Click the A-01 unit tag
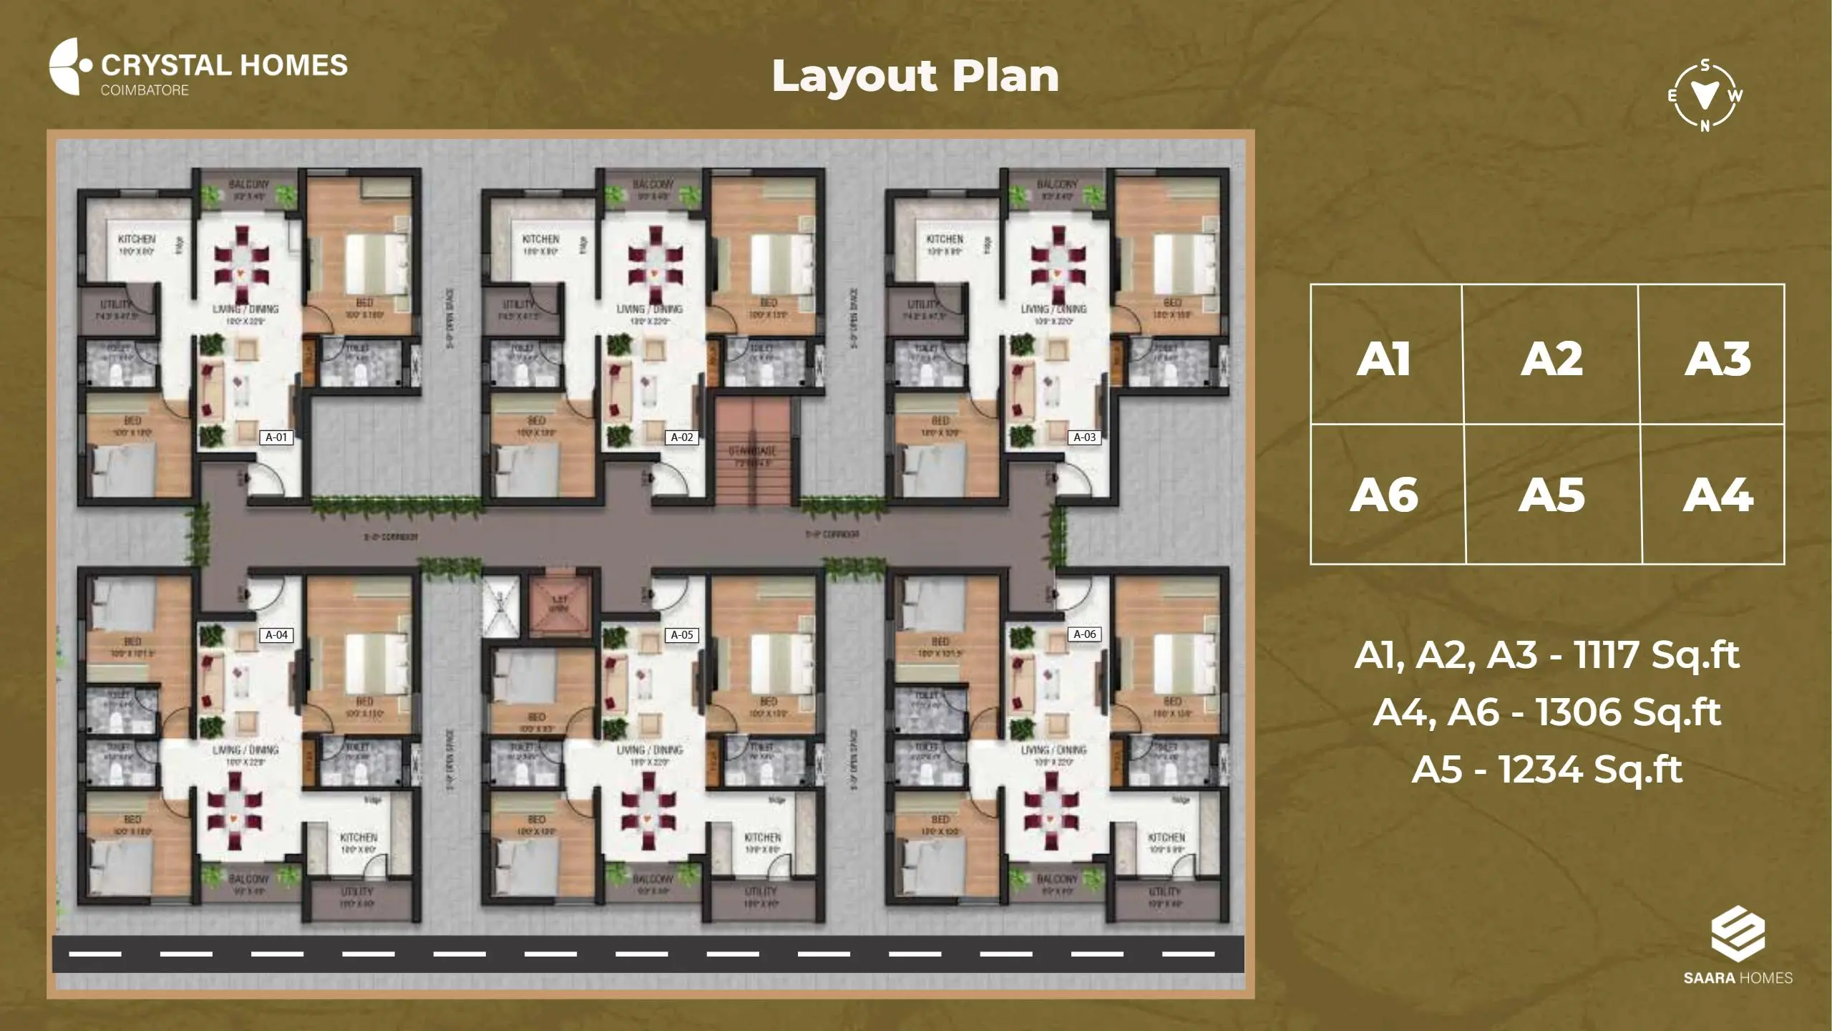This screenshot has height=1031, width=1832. (x=276, y=437)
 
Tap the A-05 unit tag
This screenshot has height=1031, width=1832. (x=681, y=635)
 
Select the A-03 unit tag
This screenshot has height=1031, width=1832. (x=1084, y=437)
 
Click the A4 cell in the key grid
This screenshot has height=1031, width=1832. (x=1717, y=495)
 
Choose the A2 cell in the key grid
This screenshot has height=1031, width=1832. (x=1551, y=359)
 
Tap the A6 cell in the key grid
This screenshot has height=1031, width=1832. (x=1384, y=495)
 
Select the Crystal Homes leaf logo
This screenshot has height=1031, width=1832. (x=69, y=66)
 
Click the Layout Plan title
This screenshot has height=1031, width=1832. (x=915, y=77)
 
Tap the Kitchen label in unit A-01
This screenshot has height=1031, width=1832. (x=137, y=239)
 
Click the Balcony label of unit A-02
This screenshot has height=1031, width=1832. (x=652, y=185)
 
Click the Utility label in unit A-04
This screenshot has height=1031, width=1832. (x=356, y=892)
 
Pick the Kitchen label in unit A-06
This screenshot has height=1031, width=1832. (x=1166, y=838)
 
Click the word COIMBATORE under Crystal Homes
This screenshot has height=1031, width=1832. (x=145, y=90)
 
